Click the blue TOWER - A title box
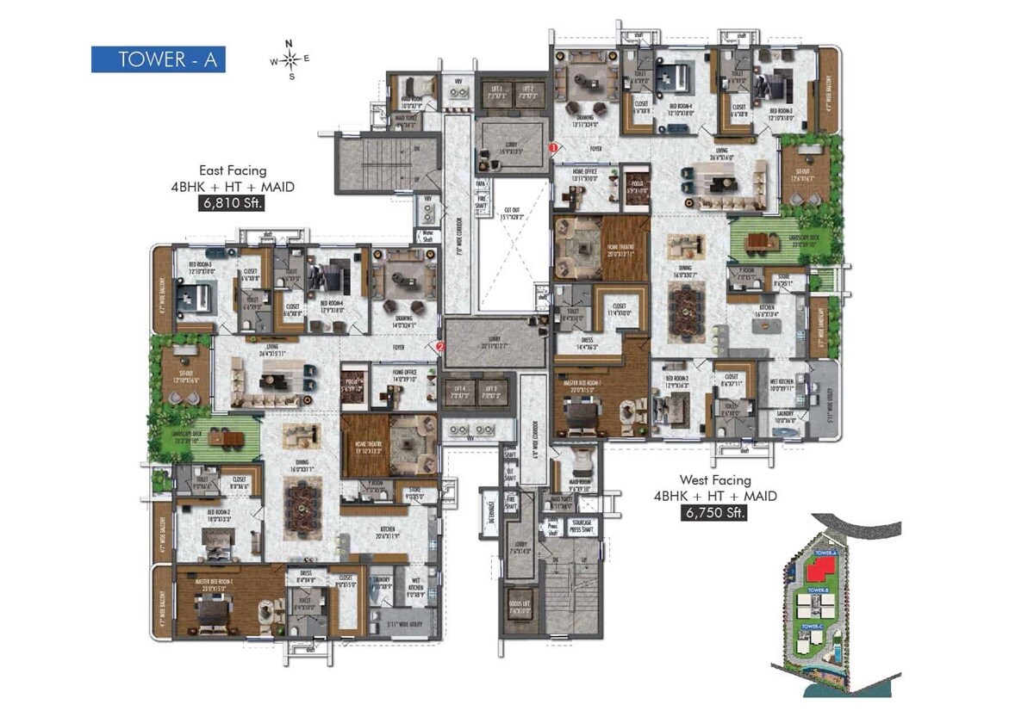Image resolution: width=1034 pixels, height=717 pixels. [159, 59]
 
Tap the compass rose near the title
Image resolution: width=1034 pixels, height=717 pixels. [290, 59]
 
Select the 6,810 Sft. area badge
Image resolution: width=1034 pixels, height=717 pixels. [230, 204]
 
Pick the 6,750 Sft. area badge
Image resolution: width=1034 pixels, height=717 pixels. [714, 514]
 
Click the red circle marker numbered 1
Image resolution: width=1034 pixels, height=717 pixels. [553, 148]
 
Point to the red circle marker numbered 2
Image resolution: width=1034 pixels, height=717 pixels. [440, 347]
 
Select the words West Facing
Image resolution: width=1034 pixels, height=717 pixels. [714, 480]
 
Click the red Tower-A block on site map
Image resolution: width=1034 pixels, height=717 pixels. [819, 567]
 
